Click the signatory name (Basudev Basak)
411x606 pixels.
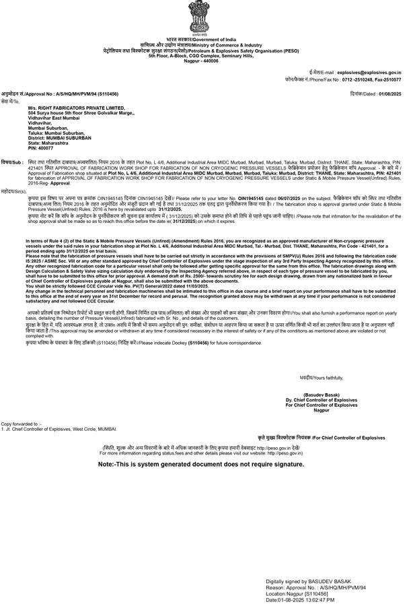click(322, 395)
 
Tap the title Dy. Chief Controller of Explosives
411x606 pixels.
click(322, 400)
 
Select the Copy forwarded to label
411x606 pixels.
click(21, 423)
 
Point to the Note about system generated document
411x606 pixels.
click(200, 465)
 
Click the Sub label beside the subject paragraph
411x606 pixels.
click(13, 162)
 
